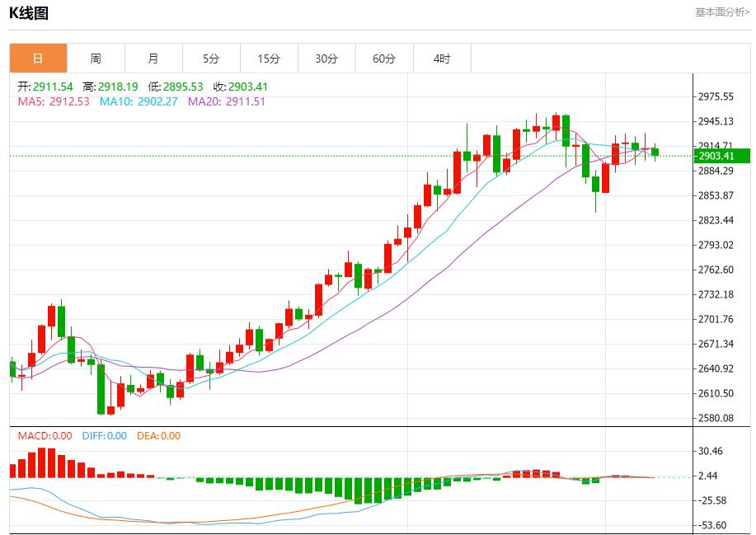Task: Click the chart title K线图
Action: [29, 13]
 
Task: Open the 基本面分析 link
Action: [722, 12]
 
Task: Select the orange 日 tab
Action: [38, 59]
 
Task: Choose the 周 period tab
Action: [96, 59]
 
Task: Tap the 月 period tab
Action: [153, 59]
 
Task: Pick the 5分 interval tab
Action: [211, 59]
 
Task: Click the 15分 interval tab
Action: [269, 59]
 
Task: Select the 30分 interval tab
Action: [326, 59]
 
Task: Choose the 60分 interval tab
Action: [384, 59]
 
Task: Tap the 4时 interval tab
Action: [442, 59]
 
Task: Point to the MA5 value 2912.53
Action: [69, 101]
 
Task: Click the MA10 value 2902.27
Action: [157, 101]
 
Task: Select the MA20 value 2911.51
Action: [244, 101]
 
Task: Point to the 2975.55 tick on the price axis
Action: [716, 96]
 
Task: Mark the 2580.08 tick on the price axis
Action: [716, 418]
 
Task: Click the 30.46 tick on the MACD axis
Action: [711, 451]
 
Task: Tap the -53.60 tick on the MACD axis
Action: [711, 525]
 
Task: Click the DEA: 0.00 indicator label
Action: [158, 436]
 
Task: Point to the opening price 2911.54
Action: [53, 87]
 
